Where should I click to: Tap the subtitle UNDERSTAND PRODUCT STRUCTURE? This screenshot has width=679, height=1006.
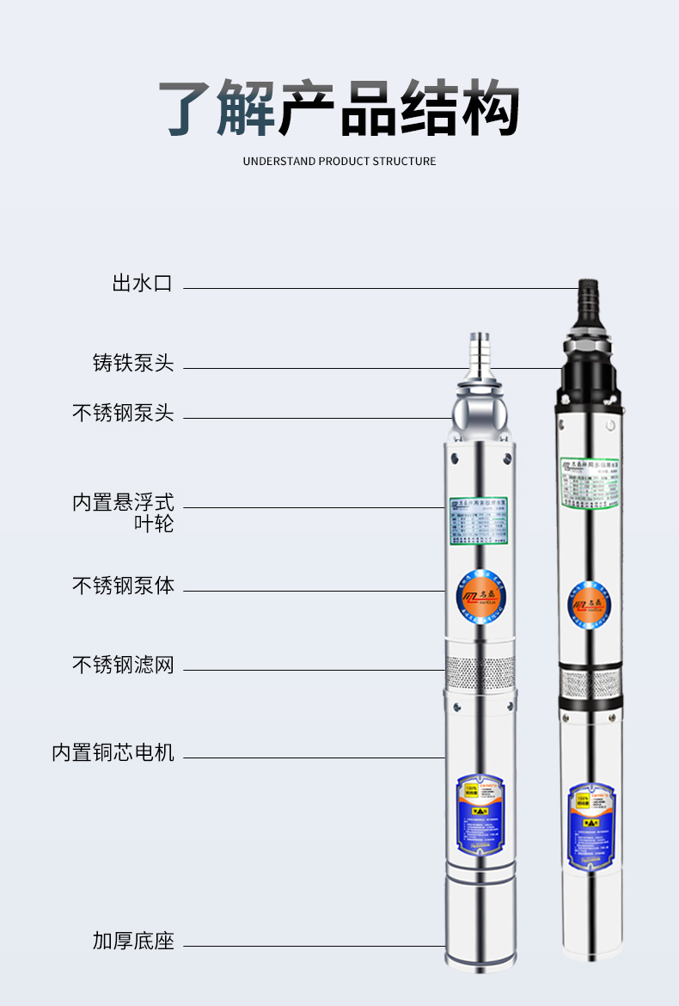click(339, 161)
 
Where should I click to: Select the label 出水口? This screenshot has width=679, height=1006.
click(142, 283)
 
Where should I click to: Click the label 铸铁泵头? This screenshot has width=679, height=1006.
click(133, 363)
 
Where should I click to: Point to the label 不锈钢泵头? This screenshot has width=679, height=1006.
click(123, 413)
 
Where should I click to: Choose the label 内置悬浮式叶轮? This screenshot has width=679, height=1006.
click(123, 512)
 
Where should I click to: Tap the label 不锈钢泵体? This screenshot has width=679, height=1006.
click(123, 586)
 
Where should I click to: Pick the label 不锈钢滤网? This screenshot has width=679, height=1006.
click(123, 664)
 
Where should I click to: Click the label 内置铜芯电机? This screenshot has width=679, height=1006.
click(113, 752)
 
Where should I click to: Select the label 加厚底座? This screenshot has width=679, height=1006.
click(133, 941)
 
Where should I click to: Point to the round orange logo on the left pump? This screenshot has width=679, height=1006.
click(480, 593)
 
